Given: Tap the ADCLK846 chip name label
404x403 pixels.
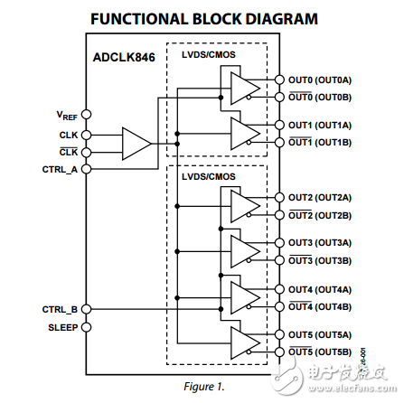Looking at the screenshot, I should pos(123,56).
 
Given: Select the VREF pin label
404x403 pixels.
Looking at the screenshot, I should pos(66,116).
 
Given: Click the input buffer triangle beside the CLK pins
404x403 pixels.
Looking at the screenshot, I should pos(136,143).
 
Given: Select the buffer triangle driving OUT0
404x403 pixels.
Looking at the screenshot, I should pos(243,89).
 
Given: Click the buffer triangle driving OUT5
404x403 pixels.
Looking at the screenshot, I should pos(243,343).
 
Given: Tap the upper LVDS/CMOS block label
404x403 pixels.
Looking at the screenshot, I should pos(208,56).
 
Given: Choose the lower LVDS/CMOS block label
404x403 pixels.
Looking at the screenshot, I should pos(208,177).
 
